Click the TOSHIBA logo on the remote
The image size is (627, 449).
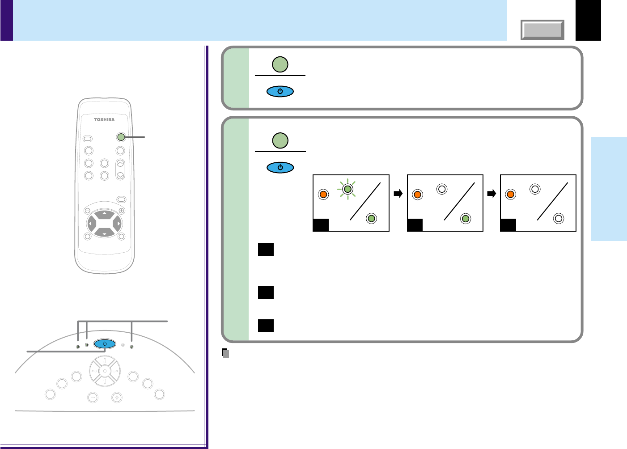[104, 119]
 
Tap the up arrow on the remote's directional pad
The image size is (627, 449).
[104, 214]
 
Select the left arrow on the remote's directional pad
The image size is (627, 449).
[90, 224]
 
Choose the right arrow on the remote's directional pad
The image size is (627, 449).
[118, 224]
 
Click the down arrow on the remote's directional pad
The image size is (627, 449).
[104, 233]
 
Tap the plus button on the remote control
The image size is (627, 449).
[121, 211]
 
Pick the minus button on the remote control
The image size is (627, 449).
[87, 211]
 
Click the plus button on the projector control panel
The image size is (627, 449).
[117, 397]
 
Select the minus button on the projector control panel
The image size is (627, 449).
[93, 397]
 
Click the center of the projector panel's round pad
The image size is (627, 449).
[105, 371]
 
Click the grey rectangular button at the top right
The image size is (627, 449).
[542, 30]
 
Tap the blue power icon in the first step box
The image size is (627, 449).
[280, 92]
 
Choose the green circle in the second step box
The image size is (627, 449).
[280, 140]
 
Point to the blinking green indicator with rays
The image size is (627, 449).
[347, 189]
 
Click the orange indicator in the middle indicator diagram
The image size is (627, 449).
[417, 195]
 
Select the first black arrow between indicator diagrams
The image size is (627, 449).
[398, 194]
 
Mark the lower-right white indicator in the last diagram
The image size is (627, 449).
[558, 219]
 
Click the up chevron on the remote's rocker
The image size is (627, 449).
[120, 163]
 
